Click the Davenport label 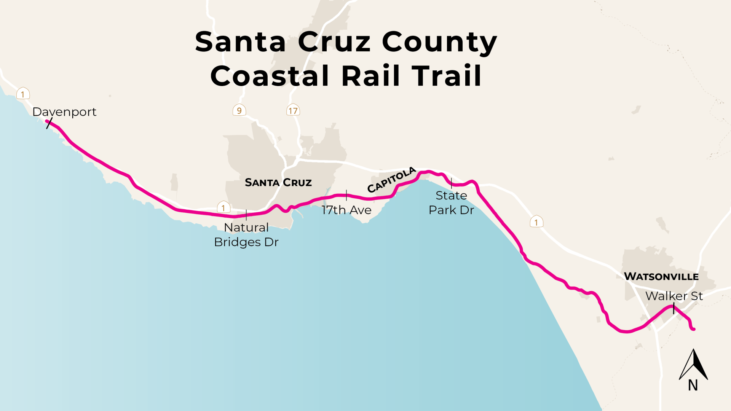(64, 112)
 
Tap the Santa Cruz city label (278, 183)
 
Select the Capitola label (391, 180)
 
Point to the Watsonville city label (661, 277)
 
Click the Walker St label (674, 296)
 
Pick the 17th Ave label (346, 210)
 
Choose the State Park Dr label (452, 203)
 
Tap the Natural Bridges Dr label (246, 235)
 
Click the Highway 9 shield (239, 110)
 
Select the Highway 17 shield (293, 111)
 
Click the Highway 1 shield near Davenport (23, 94)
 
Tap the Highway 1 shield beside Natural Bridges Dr (223, 208)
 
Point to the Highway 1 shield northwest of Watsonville (536, 222)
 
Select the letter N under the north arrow (693, 386)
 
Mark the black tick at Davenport (49, 123)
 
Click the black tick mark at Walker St (674, 308)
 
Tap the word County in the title (439, 42)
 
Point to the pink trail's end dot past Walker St (694, 329)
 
